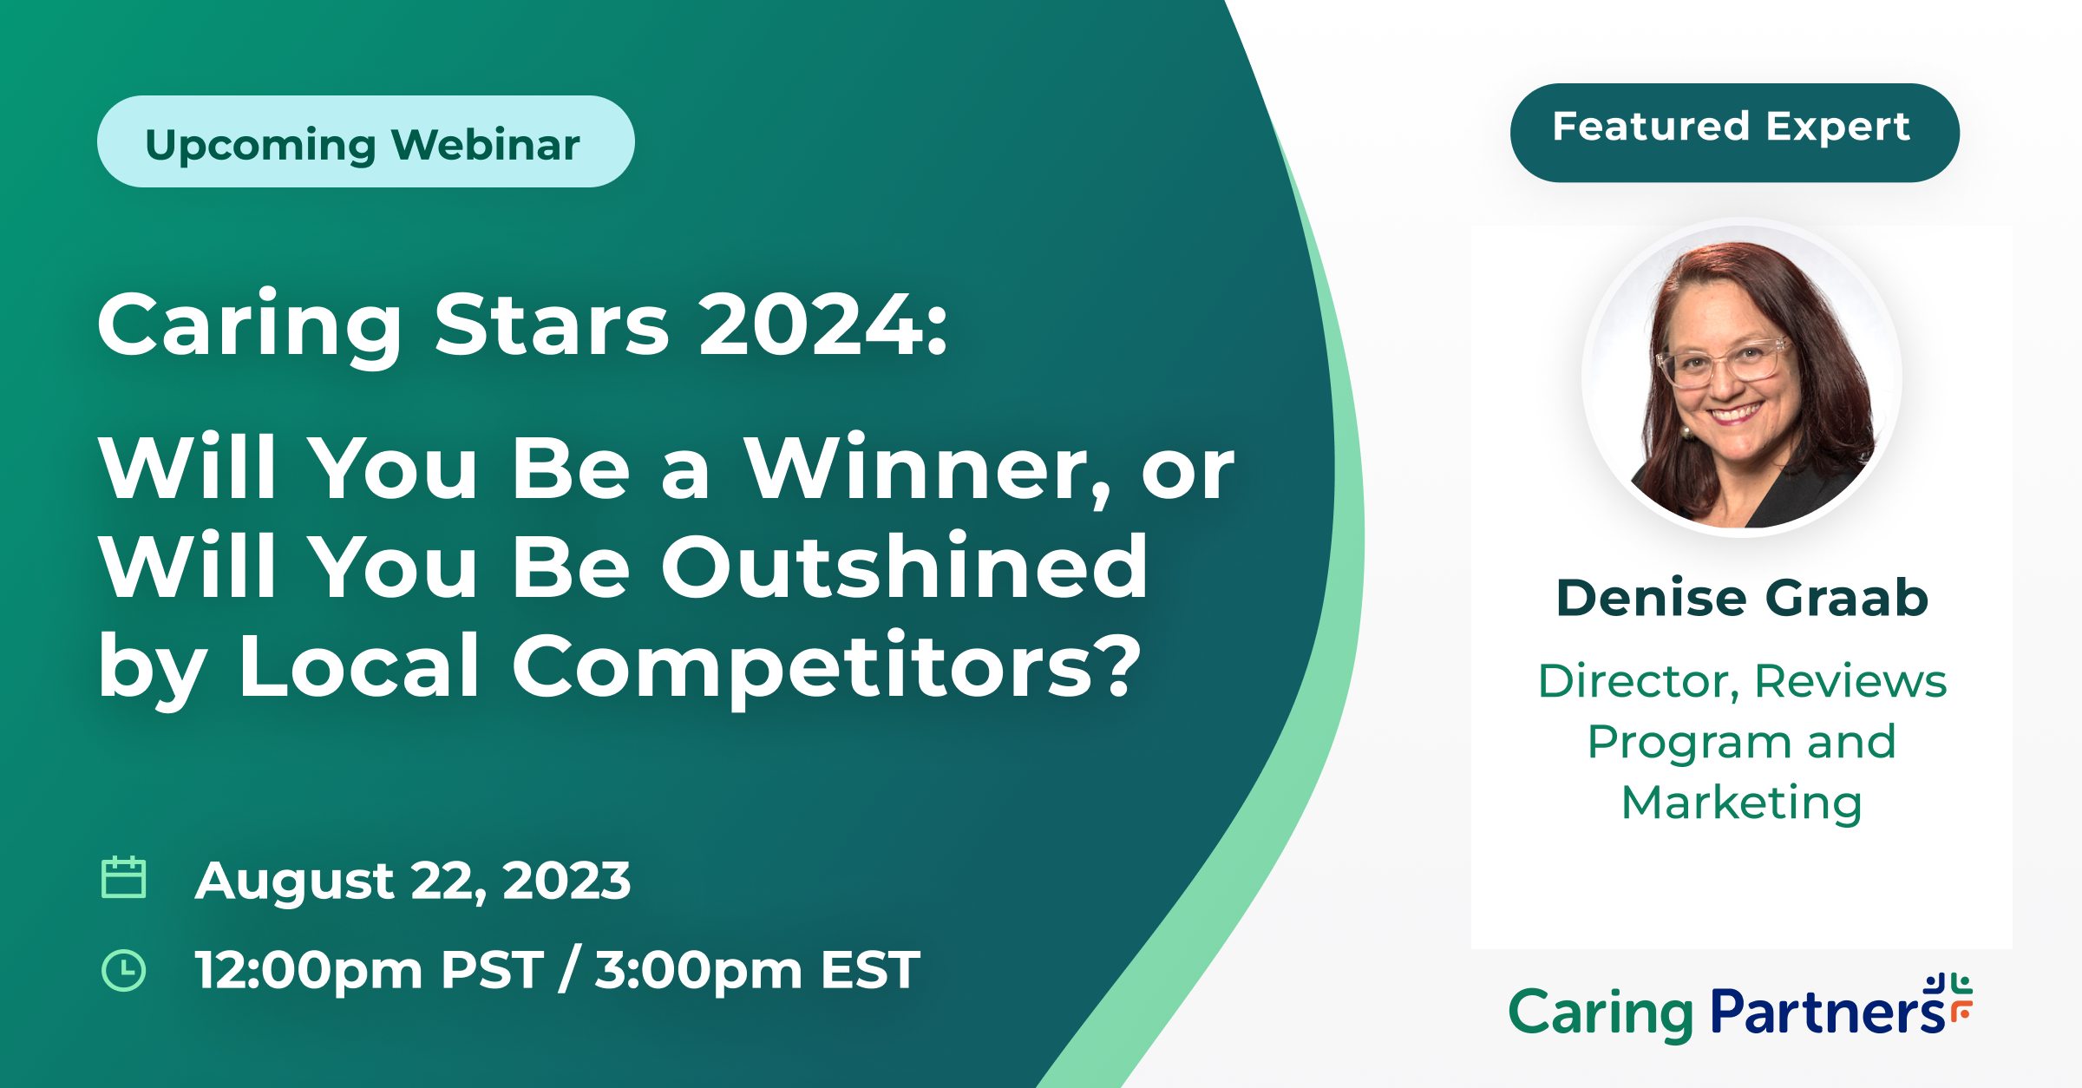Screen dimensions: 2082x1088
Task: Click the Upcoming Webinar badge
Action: [x=365, y=141]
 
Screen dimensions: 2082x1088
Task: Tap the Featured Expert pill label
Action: [x=1734, y=133]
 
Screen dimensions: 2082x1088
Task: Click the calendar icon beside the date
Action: [x=124, y=877]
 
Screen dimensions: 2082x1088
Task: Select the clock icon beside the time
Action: [x=124, y=969]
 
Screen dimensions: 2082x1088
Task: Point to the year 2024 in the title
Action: [x=813, y=324]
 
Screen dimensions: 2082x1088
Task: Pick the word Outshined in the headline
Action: [x=905, y=567]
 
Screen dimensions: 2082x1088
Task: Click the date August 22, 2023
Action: [x=413, y=882]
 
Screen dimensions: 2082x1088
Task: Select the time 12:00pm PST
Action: [x=370, y=970]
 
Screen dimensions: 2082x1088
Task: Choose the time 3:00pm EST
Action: [x=757, y=970]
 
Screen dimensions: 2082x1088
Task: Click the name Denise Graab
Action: [x=1742, y=598]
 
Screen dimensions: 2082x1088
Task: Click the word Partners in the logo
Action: [x=1829, y=1013]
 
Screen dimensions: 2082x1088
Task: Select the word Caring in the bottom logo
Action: [x=1601, y=1014]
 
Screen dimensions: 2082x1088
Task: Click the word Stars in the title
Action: [x=553, y=324]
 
